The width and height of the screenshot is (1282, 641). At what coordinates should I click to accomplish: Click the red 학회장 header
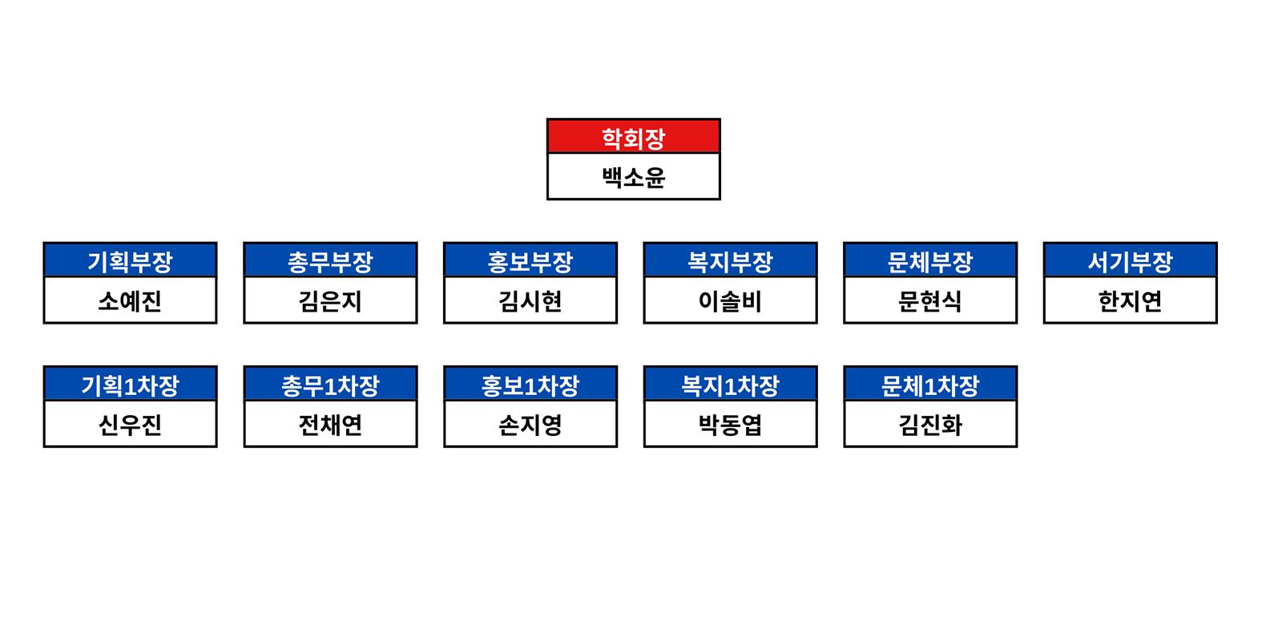(x=634, y=137)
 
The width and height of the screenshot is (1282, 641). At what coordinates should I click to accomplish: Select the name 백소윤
(x=634, y=177)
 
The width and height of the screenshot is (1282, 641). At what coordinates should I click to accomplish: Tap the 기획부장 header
(x=130, y=261)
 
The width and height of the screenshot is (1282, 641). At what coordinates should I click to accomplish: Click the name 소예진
(x=130, y=301)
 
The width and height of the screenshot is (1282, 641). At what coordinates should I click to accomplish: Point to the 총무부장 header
(x=330, y=261)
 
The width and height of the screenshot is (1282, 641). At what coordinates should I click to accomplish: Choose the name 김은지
(x=330, y=301)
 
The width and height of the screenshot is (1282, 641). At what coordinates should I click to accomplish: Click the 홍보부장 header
(x=530, y=261)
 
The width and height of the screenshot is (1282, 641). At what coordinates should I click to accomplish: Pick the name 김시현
(x=530, y=301)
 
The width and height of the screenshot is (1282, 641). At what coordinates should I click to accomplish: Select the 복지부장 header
(x=730, y=261)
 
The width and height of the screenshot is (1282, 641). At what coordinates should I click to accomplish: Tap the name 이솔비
(x=730, y=301)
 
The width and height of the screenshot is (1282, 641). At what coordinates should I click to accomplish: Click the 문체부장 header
(x=930, y=261)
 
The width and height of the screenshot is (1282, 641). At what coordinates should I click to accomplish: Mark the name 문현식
(x=930, y=301)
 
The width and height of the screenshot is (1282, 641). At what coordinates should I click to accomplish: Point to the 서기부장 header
(x=1131, y=261)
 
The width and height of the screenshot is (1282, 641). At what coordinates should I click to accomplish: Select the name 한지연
(x=1131, y=301)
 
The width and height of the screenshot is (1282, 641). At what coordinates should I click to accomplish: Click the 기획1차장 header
(x=130, y=385)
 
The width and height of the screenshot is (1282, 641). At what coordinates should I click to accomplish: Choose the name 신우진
(x=130, y=425)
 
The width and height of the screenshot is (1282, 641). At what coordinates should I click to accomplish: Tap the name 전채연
(x=330, y=425)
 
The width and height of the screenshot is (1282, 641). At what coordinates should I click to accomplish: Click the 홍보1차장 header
(x=530, y=385)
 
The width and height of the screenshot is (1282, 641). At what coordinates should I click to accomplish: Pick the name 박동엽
(x=730, y=425)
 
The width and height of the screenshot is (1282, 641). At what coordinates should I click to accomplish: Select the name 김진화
(x=930, y=425)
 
